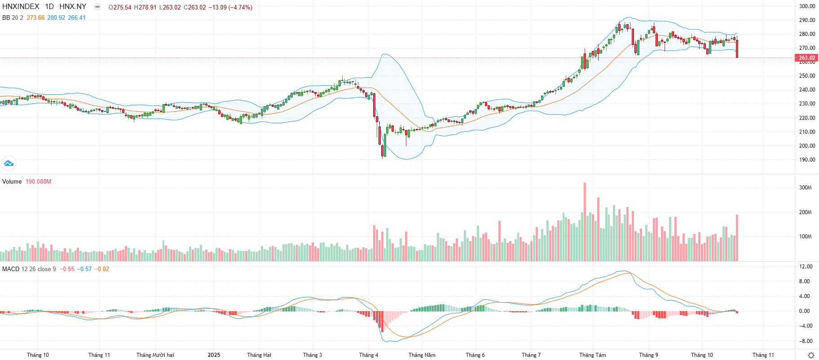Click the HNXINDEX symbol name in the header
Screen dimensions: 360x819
(x=21, y=7)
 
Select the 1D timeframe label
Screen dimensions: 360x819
(x=49, y=7)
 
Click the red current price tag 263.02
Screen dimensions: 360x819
(x=806, y=58)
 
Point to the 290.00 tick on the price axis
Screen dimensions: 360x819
(x=807, y=20)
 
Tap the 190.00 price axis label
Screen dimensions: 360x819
(x=807, y=160)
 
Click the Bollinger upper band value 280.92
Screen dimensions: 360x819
(x=56, y=18)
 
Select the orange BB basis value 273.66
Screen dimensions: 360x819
(x=35, y=18)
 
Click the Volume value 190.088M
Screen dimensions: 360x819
(x=38, y=182)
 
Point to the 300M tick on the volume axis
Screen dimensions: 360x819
(x=805, y=188)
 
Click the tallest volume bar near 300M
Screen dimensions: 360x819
(x=585, y=222)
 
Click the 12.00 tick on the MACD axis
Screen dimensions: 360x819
(x=806, y=267)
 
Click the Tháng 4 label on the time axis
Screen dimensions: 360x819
(x=369, y=355)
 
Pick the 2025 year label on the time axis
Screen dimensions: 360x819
(x=214, y=355)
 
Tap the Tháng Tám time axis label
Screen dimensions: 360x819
(x=592, y=355)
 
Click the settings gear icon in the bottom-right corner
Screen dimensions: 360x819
(x=811, y=355)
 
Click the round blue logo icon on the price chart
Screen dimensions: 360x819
(x=9, y=163)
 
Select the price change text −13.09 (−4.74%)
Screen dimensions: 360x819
(x=230, y=8)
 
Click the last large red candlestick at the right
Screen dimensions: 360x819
(x=737, y=48)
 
